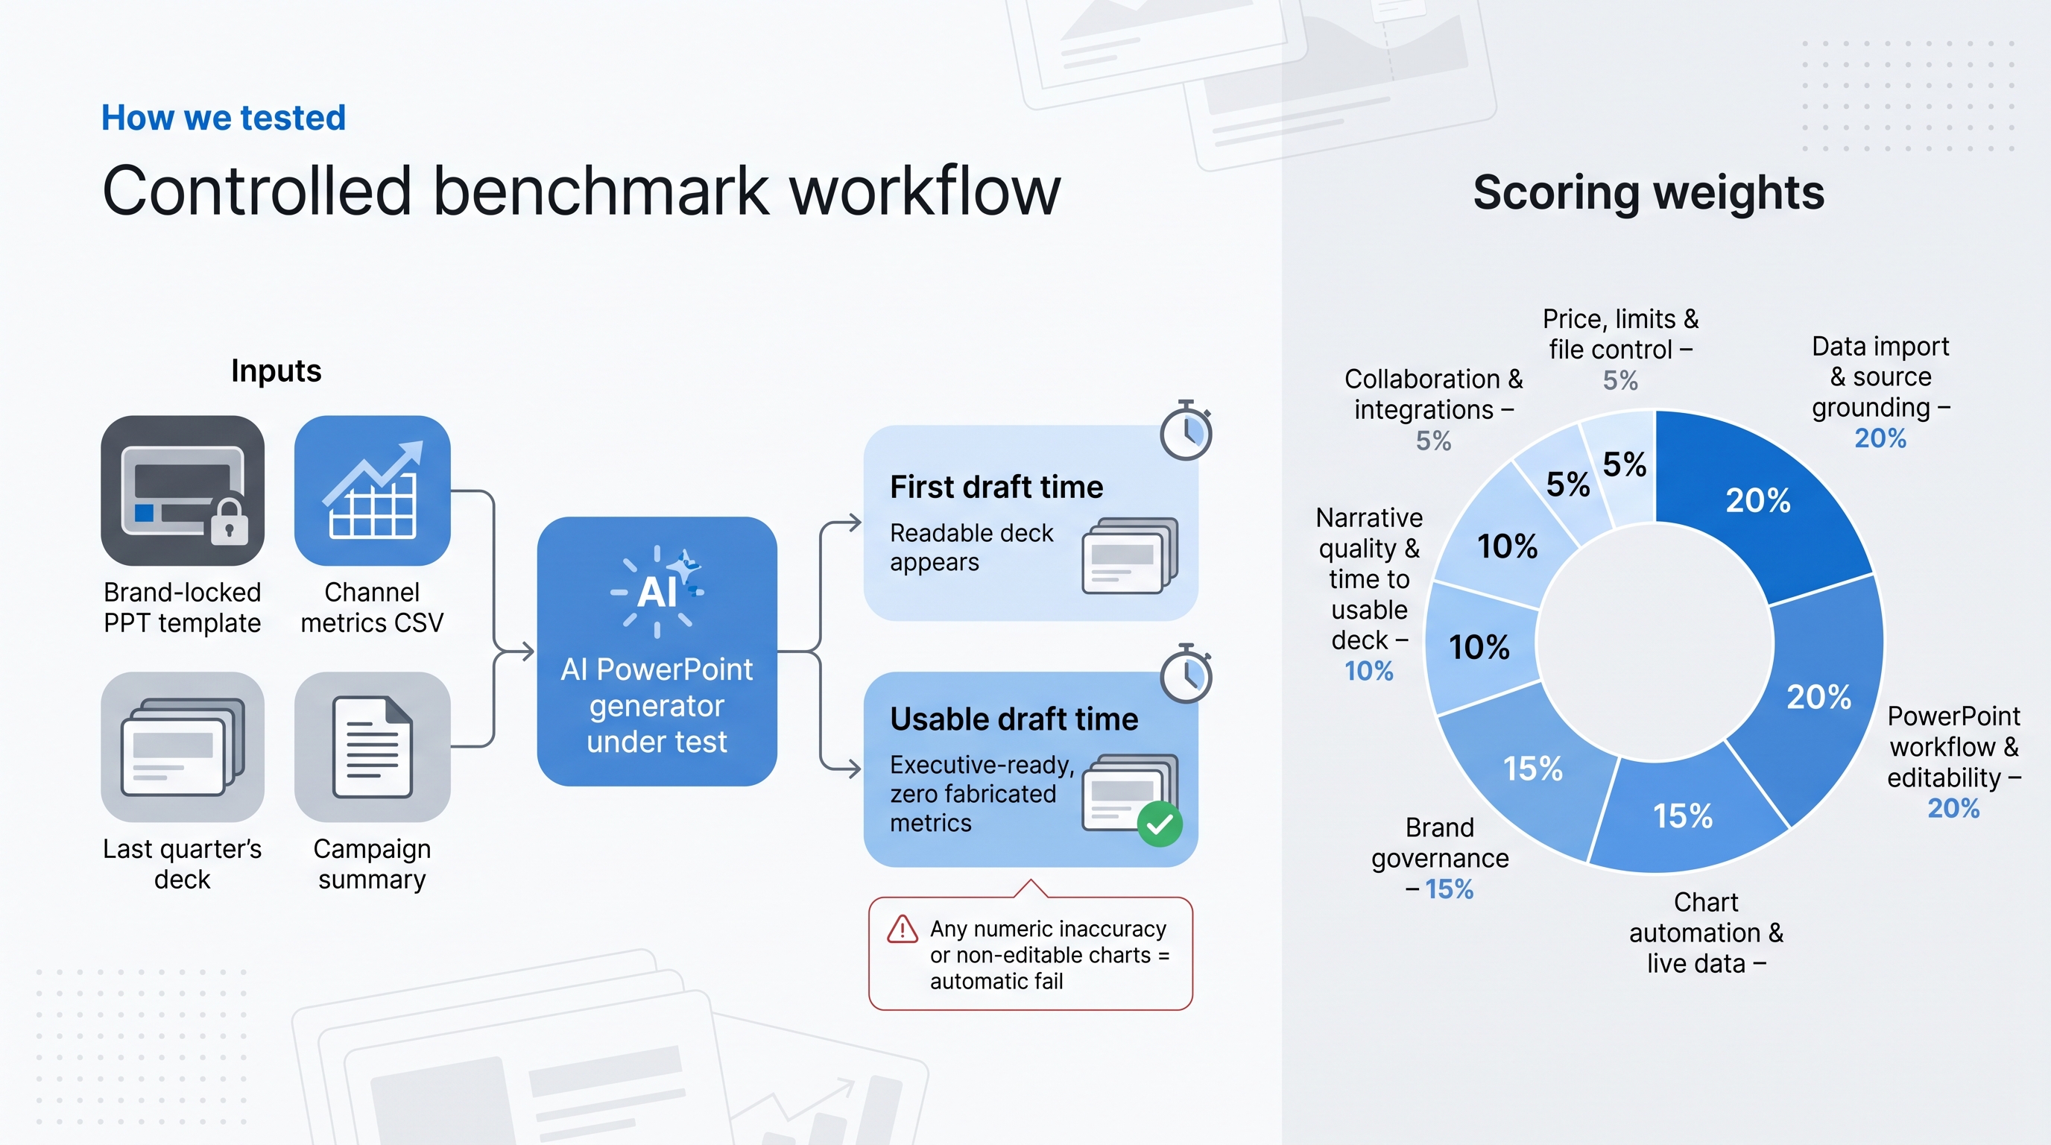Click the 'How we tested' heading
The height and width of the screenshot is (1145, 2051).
tap(223, 118)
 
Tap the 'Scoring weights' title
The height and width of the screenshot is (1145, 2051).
tap(1648, 192)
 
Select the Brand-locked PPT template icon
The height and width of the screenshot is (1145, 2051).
tap(183, 491)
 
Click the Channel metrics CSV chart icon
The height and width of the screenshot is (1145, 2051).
tap(373, 491)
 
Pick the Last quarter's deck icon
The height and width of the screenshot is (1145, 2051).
tap(183, 747)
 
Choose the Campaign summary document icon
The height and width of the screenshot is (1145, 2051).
tap(373, 747)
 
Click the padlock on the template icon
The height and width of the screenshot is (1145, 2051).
tap(230, 523)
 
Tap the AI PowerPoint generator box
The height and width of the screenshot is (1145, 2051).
tap(657, 652)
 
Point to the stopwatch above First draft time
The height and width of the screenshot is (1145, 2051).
tap(1186, 431)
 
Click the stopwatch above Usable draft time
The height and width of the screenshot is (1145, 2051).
tap(1186, 674)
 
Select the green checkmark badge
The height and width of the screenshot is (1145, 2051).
tap(1160, 824)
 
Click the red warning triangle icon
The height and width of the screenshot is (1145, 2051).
tap(902, 930)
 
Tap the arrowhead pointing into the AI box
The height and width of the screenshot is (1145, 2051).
tap(528, 652)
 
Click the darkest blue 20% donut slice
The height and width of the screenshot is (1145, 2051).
tap(1760, 502)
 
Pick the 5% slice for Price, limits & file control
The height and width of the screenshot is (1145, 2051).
tap(1622, 466)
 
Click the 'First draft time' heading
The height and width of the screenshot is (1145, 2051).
tap(997, 487)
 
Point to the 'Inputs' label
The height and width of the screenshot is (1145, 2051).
tap(276, 371)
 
